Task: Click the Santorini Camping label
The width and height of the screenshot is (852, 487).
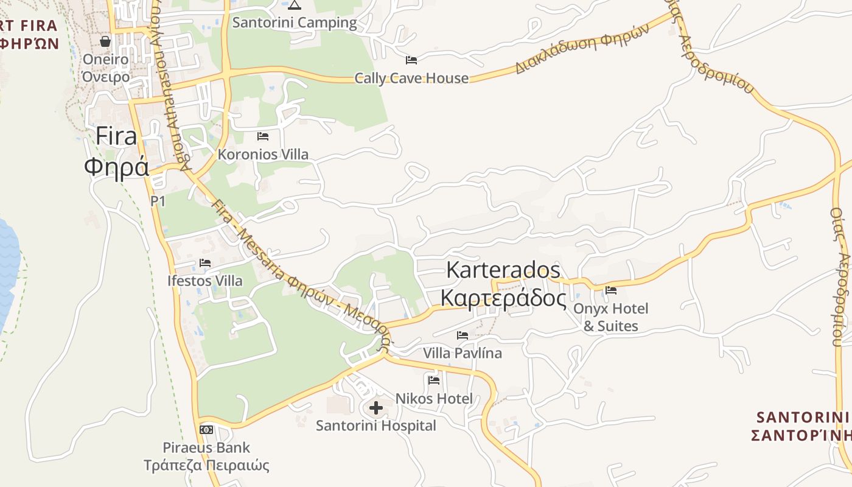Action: pyautogui.click(x=295, y=23)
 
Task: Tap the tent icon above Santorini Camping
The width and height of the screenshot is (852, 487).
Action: pyautogui.click(x=295, y=5)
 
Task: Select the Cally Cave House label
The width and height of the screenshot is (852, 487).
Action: pyautogui.click(x=411, y=78)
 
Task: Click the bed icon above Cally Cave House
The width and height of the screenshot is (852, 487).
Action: pyautogui.click(x=411, y=60)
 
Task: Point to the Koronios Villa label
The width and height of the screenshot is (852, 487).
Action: pyautogui.click(x=263, y=154)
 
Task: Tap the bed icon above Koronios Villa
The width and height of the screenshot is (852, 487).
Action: pyautogui.click(x=263, y=136)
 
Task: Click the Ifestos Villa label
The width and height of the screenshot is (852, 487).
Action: pyautogui.click(x=204, y=281)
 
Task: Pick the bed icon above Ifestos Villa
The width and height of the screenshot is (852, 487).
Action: pyautogui.click(x=204, y=263)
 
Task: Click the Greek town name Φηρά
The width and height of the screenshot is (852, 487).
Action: pyautogui.click(x=116, y=166)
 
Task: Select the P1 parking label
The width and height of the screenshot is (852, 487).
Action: pyautogui.click(x=158, y=201)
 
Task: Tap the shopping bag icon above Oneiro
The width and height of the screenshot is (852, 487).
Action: pyautogui.click(x=105, y=41)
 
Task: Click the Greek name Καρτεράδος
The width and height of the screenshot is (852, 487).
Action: pyautogui.click(x=503, y=298)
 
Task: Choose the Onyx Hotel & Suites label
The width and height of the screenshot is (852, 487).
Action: pyautogui.click(x=611, y=317)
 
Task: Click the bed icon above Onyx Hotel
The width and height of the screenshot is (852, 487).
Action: pyautogui.click(x=611, y=290)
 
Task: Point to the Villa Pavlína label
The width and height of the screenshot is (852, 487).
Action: pyautogui.click(x=463, y=353)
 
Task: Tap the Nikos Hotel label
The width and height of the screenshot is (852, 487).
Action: pyautogui.click(x=434, y=399)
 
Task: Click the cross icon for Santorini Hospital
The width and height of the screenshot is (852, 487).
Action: pyautogui.click(x=376, y=407)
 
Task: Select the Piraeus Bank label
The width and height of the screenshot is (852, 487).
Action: pyautogui.click(x=206, y=447)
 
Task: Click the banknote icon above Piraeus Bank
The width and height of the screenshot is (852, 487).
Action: pyautogui.click(x=206, y=429)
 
